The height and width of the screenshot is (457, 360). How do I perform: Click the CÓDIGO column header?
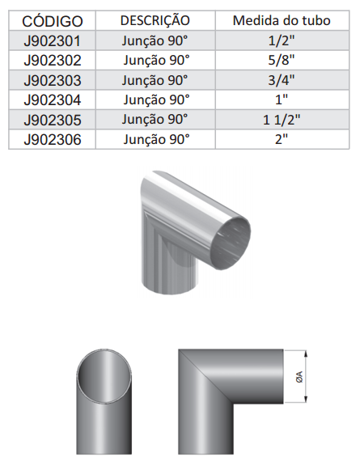(53, 21)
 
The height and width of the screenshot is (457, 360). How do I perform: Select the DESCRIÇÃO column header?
(155, 20)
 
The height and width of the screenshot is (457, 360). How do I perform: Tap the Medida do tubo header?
(282, 20)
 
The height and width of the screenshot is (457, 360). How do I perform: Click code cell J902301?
(52, 40)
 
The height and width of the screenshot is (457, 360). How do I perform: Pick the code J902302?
(53, 61)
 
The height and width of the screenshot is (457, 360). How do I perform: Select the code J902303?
(53, 80)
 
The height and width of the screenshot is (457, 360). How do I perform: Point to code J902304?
(53, 100)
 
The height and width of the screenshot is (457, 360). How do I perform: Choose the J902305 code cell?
(53, 120)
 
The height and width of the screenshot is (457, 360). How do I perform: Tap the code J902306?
(53, 139)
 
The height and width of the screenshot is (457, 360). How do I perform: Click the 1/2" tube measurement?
(282, 40)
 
